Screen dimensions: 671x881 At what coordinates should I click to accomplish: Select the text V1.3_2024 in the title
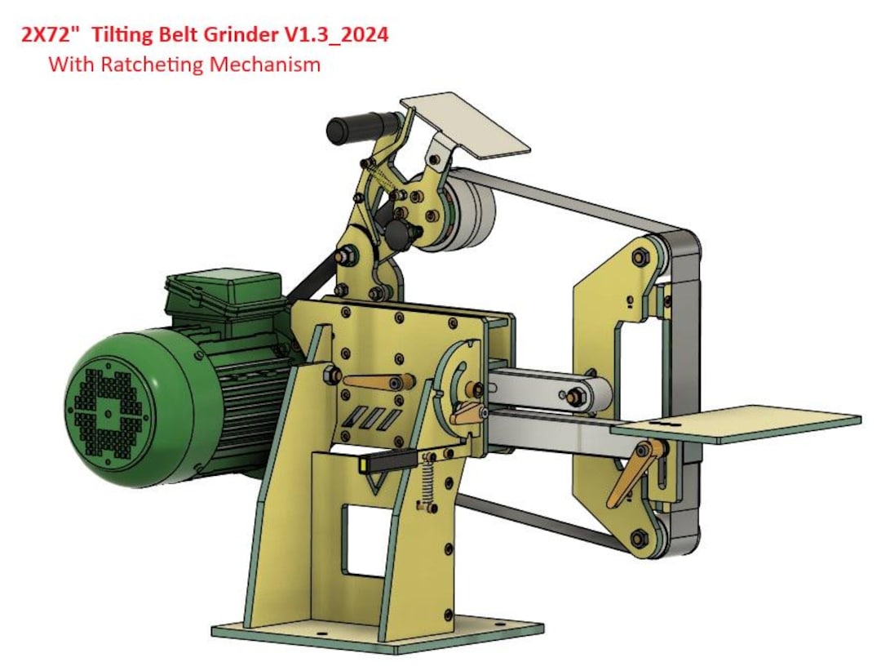(342, 36)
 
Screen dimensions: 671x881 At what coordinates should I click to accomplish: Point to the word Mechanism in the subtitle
(265, 64)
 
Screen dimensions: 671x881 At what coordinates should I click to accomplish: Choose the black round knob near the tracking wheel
(399, 232)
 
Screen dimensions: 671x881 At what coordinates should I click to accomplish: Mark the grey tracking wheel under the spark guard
(468, 213)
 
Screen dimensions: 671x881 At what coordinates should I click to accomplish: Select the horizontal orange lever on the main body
(375, 381)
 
